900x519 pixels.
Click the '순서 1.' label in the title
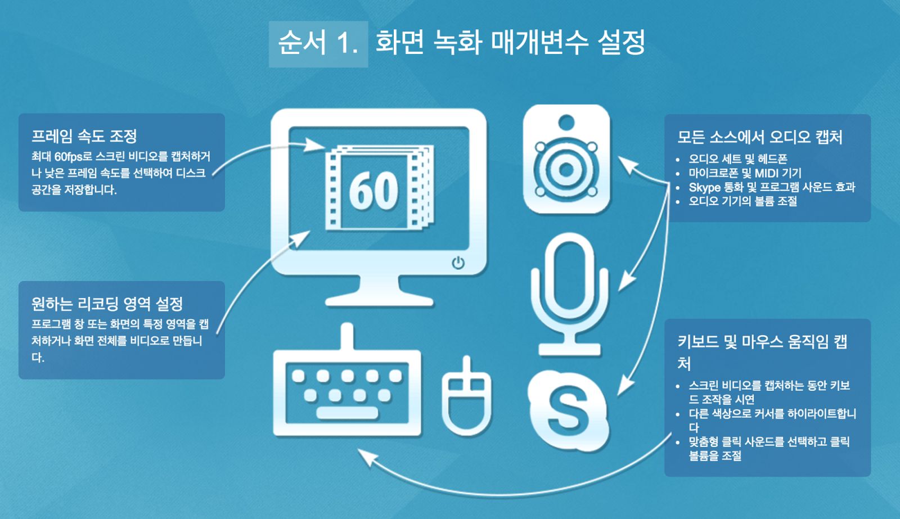[x=318, y=43]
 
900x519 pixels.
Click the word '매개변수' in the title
[x=539, y=43]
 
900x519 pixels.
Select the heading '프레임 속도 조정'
[x=84, y=136]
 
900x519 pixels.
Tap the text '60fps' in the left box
[x=68, y=157]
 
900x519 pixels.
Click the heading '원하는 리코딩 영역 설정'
[x=107, y=304]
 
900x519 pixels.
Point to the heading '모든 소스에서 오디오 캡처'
[x=759, y=137]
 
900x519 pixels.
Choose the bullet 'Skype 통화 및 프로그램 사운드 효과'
[x=772, y=187]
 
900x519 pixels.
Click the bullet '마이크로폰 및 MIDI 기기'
[x=745, y=173]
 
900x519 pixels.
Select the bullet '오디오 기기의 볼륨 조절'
[x=742, y=201]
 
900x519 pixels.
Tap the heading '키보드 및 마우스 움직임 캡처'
[x=762, y=342]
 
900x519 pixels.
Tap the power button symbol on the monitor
[x=458, y=263]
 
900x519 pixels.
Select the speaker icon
[x=566, y=160]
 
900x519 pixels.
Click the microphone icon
[x=569, y=292]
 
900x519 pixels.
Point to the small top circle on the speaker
[x=566, y=122]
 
